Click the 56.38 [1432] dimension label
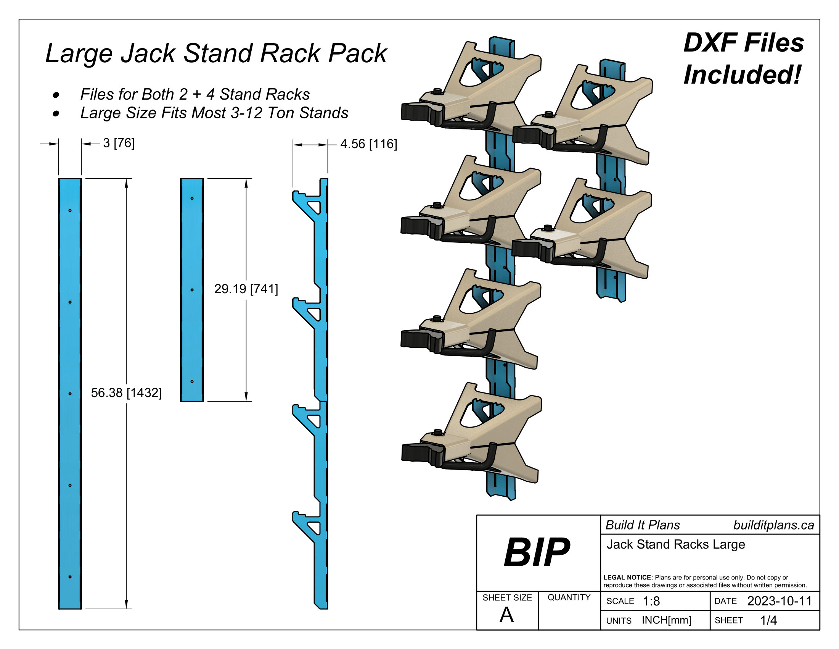(x=126, y=392)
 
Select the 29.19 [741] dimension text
(x=246, y=289)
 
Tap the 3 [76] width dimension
(x=119, y=143)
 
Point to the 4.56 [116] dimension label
(x=368, y=144)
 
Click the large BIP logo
(x=537, y=552)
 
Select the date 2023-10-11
(x=779, y=601)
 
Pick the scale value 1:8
(x=651, y=601)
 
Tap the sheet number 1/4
(x=768, y=620)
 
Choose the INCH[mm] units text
(x=667, y=620)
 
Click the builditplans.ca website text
(x=773, y=525)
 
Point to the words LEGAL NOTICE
(x=628, y=578)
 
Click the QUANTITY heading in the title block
(x=569, y=597)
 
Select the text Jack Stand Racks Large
(x=676, y=544)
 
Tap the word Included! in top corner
(x=742, y=74)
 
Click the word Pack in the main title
(x=358, y=53)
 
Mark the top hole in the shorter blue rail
(x=192, y=199)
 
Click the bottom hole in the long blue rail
(x=70, y=577)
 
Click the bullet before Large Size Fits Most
(x=56, y=113)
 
